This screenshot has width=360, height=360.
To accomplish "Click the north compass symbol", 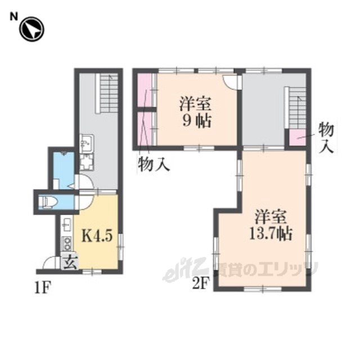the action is click(x=31, y=29).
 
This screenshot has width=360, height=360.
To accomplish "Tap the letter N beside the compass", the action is click(x=13, y=16).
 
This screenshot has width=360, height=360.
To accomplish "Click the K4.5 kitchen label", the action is click(x=97, y=236).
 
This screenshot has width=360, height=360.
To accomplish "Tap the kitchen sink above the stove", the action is click(x=67, y=224).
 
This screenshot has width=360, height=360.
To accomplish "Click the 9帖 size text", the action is click(x=196, y=121).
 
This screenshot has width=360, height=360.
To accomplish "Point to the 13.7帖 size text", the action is click(x=271, y=234).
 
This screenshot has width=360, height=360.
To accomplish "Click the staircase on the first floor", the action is click(x=109, y=93).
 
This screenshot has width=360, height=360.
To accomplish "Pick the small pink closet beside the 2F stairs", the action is click(x=298, y=137).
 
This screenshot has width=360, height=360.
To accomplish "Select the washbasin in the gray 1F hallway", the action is click(x=87, y=143).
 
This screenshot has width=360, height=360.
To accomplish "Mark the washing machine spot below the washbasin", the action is click(x=87, y=162).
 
